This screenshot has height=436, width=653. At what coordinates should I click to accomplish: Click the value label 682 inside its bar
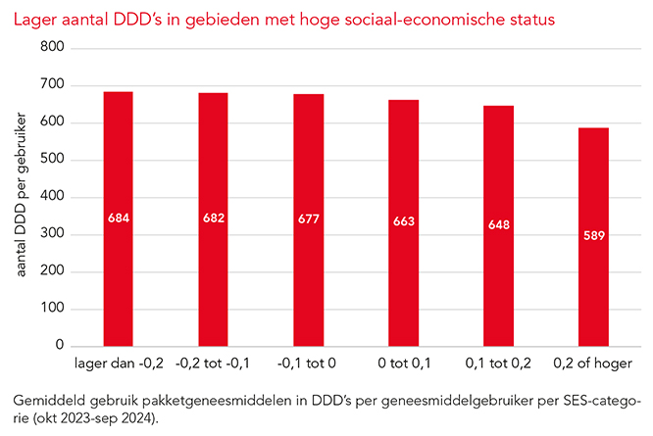[213, 218]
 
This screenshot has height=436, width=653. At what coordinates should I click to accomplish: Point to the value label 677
[308, 218]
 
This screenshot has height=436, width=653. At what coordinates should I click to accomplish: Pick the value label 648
[498, 225]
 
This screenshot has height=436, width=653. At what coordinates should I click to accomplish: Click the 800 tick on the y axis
[52, 48]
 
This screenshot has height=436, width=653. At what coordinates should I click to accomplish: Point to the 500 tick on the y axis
[52, 160]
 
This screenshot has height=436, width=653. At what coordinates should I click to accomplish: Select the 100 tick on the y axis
[52, 309]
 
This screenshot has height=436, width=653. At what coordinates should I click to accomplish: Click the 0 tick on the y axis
[60, 346]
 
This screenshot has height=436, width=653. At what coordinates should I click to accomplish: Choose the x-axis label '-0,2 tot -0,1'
[213, 365]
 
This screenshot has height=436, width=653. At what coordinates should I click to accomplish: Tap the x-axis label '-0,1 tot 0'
[308, 365]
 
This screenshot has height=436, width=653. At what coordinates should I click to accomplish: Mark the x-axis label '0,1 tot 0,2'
[498, 365]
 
